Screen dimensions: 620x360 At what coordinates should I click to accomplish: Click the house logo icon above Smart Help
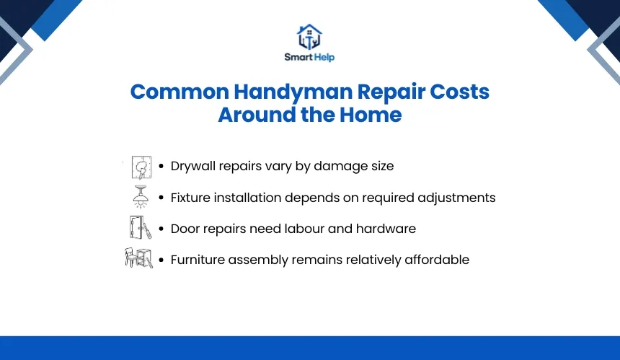(x=309, y=37)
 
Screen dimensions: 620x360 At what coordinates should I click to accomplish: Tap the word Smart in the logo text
(x=298, y=57)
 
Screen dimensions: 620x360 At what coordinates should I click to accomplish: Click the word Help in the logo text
(x=324, y=58)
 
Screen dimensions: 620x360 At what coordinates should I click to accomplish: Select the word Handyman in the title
(x=293, y=92)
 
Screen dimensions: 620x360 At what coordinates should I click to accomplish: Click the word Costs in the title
(x=459, y=92)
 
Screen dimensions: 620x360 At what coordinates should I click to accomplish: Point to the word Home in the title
(x=371, y=115)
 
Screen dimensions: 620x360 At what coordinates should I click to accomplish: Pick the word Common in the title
(x=180, y=92)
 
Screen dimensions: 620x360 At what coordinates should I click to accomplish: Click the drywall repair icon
(x=141, y=167)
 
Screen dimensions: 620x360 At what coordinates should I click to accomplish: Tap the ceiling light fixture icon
(x=140, y=197)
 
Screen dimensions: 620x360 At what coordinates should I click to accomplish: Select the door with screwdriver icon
(x=141, y=227)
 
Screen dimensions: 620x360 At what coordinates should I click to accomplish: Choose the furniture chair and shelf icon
(x=139, y=258)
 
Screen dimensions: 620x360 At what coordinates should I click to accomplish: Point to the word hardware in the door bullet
(x=386, y=229)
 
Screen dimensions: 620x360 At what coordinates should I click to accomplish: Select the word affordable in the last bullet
(x=437, y=260)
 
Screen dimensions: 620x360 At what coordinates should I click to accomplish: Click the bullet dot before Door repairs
(x=161, y=229)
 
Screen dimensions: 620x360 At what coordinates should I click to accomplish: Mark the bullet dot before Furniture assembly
(x=161, y=260)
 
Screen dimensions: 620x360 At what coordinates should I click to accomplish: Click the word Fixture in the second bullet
(x=190, y=198)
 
